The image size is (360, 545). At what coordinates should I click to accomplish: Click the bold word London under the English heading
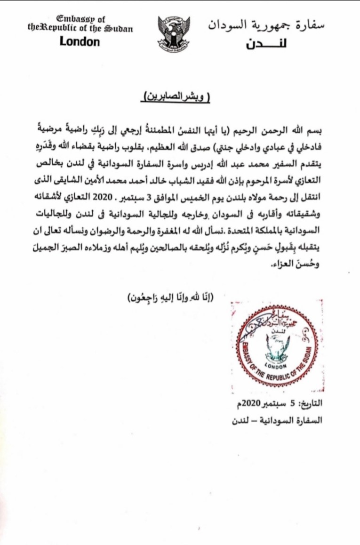coord(80,41)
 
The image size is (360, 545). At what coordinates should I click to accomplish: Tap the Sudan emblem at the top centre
coord(174,32)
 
